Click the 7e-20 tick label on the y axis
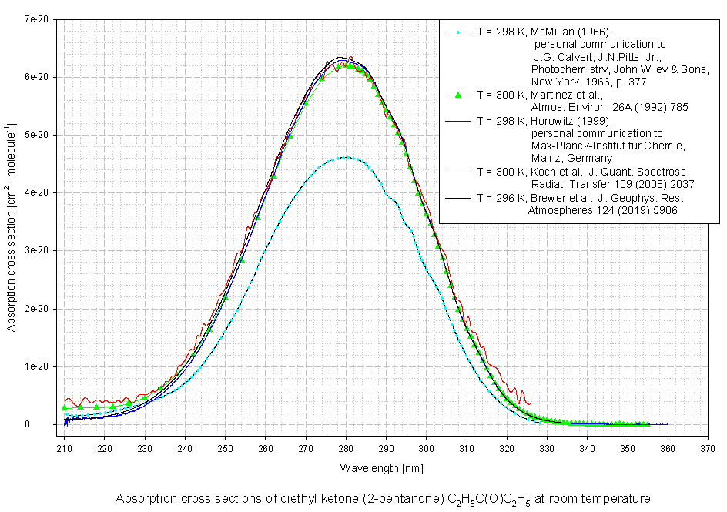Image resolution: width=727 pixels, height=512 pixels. [36, 18]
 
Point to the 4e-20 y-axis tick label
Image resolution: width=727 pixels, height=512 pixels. [36, 192]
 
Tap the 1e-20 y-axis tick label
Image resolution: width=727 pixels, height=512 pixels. [36, 366]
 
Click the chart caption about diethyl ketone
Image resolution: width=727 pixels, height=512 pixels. [383, 498]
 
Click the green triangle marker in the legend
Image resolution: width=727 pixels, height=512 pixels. [457, 95]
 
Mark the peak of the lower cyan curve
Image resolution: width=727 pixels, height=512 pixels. [346, 157]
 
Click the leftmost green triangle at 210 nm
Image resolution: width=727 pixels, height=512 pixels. [65, 407]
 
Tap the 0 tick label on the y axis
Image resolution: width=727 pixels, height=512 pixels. [47, 424]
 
